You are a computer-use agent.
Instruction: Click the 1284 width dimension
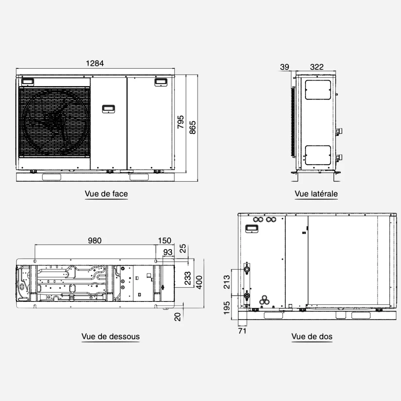(95, 63)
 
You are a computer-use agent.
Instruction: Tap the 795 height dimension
(181, 122)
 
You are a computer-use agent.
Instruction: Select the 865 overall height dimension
(193, 127)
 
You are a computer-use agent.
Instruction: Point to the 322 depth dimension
(317, 67)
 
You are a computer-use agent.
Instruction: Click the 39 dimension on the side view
(285, 67)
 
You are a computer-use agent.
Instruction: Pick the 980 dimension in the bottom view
(95, 241)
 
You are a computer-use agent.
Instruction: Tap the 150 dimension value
(164, 241)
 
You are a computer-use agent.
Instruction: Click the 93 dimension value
(168, 252)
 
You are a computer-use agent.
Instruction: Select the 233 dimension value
(188, 278)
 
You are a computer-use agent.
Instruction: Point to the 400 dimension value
(199, 282)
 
